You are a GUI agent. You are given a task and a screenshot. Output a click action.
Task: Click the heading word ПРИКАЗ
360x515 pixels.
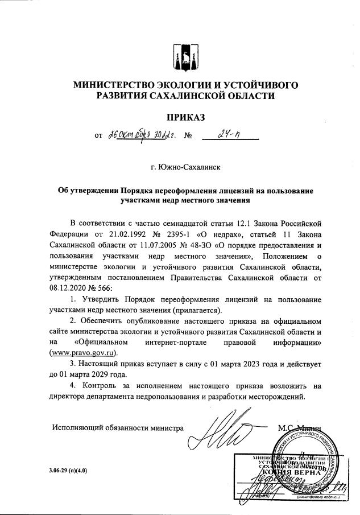tap(184, 118)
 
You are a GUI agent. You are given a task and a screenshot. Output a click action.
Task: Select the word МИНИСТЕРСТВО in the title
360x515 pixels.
tap(119, 85)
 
